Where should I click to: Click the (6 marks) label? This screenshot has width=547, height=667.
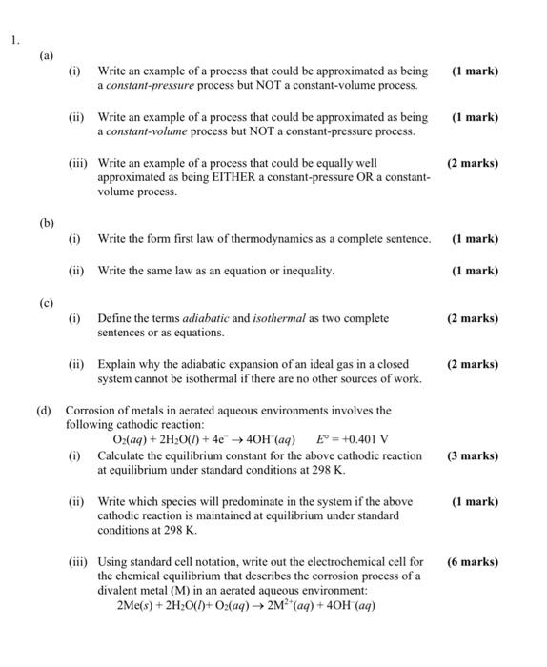tap(472, 561)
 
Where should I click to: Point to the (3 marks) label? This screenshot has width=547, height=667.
tap(472, 455)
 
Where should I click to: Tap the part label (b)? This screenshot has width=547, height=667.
tap(47, 222)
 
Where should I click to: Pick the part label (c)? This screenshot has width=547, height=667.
tap(47, 302)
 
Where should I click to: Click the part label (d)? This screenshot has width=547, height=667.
tap(44, 411)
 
